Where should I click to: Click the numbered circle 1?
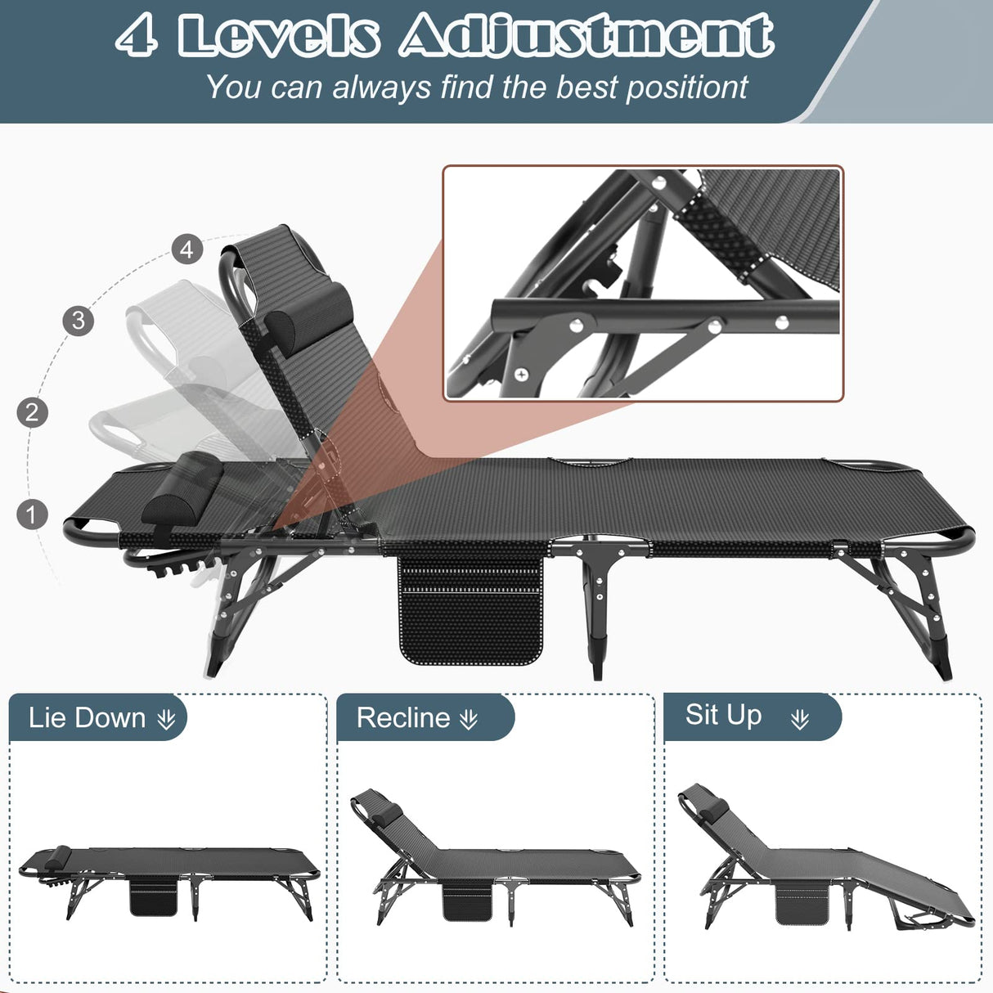tap(32, 514)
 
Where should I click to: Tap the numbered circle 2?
tap(32, 412)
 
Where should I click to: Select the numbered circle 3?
tap(78, 320)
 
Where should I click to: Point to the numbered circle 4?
tap(187, 249)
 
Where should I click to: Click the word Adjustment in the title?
tap(586, 36)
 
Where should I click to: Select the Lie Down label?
tap(87, 718)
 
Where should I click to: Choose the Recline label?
tap(403, 718)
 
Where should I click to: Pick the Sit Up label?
tap(723, 715)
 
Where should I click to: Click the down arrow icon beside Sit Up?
tap(800, 719)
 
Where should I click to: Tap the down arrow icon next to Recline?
tap(469, 719)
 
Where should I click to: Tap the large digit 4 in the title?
tap(137, 36)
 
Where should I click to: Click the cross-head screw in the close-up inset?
tap(521, 375)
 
